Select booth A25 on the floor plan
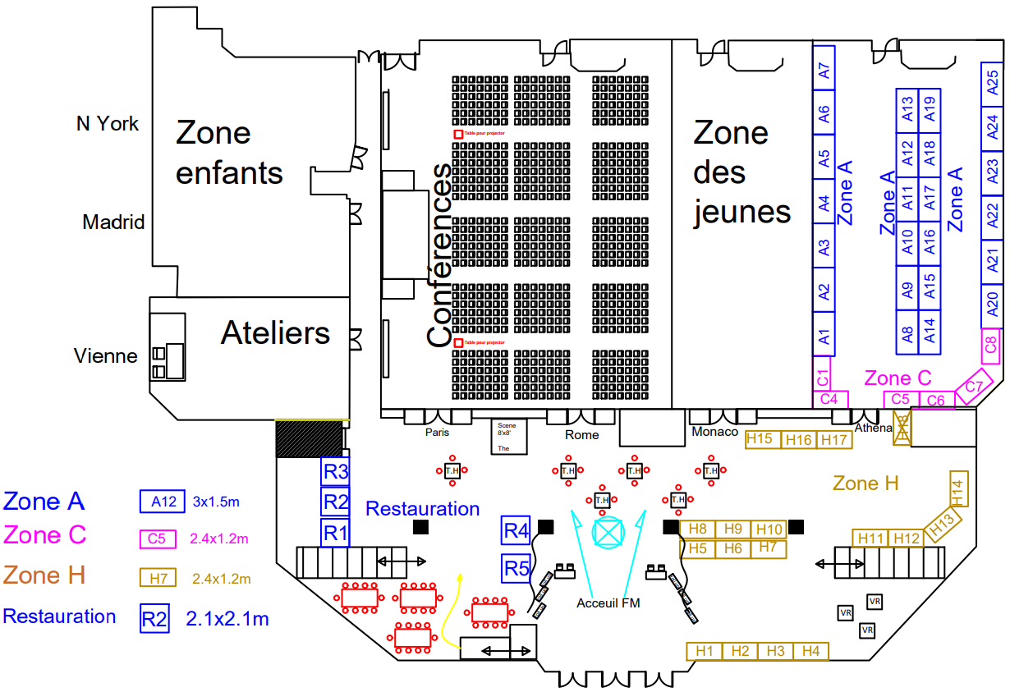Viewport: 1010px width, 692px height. point(992,83)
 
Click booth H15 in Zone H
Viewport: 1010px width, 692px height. point(760,439)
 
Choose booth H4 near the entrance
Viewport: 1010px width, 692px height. point(811,651)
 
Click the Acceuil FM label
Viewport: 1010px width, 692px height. point(608,603)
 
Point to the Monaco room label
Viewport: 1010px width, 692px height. point(714,432)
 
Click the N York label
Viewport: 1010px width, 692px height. point(108,124)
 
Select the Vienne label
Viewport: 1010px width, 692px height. point(106,356)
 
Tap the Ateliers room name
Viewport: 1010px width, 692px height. point(275,332)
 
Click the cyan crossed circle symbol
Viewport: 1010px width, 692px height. point(609,531)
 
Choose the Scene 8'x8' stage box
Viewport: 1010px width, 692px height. point(507,437)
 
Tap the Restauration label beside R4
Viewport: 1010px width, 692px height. point(422,509)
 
